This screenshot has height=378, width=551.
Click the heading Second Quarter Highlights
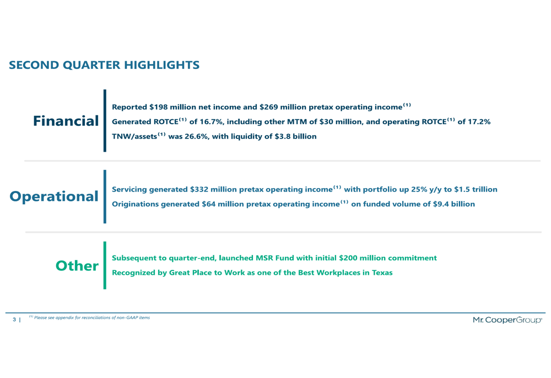pos(104,65)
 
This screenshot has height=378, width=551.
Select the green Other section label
pos(77,266)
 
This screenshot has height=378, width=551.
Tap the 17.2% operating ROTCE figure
pos(477,121)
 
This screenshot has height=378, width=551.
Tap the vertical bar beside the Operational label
pos(105,196)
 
